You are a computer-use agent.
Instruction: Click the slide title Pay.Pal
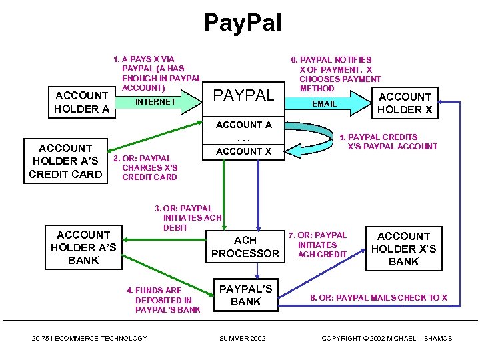243,23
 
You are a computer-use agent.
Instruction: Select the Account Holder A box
81,102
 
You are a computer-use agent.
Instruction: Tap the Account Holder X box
405,103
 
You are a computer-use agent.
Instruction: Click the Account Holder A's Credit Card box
65,161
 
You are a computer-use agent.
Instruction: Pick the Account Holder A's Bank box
83,247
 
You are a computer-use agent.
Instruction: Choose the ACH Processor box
245,247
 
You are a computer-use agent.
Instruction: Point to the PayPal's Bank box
245,295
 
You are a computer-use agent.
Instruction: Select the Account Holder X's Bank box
403,249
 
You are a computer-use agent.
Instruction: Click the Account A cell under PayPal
244,125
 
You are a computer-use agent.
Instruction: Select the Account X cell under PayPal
244,151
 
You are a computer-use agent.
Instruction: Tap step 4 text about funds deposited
163,300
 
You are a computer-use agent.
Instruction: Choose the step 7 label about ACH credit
318,245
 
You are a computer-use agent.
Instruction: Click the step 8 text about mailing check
379,297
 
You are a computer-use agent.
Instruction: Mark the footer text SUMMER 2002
243,339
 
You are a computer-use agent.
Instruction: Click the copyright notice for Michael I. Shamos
387,339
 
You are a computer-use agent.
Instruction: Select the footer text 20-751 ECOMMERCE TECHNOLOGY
89,339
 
